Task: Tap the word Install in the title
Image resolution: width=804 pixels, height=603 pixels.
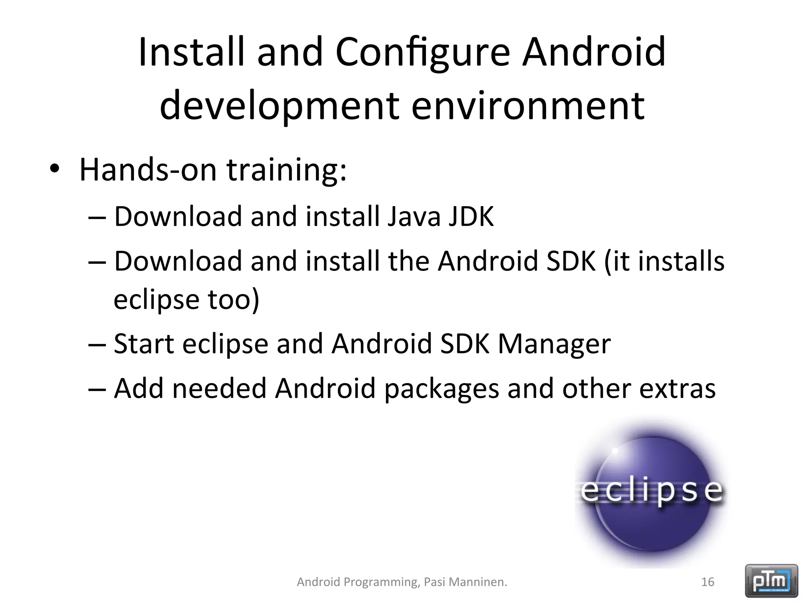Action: point(192,52)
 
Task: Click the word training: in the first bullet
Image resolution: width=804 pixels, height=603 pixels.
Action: point(287,170)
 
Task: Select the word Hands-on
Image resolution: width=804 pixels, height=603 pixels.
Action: point(148,170)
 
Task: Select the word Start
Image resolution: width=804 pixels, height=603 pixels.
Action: point(144,344)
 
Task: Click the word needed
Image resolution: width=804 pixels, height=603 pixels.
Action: point(219,389)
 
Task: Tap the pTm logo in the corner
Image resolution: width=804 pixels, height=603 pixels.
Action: point(771,581)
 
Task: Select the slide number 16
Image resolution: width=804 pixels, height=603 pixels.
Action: point(707,582)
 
